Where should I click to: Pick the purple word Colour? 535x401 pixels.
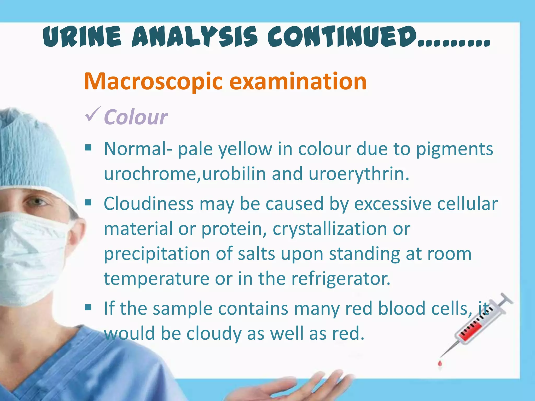(136, 117)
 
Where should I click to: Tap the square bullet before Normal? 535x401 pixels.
(88, 148)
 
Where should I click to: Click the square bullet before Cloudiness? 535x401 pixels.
(88, 202)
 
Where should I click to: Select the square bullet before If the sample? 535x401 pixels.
(88, 308)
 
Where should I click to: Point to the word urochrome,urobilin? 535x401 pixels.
(185, 174)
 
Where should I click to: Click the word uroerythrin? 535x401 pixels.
(359, 174)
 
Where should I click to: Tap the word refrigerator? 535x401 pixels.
(341, 279)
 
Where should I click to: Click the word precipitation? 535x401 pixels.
(157, 254)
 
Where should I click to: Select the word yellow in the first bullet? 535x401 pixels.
(245, 149)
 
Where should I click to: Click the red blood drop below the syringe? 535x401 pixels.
(440, 363)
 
